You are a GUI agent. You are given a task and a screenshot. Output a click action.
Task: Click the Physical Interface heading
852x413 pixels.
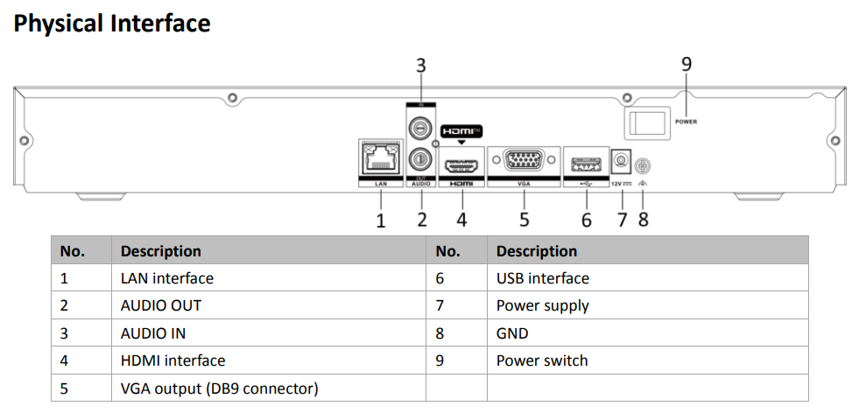click(x=112, y=23)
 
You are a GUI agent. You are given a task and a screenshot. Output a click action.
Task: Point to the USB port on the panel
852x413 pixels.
click(x=586, y=164)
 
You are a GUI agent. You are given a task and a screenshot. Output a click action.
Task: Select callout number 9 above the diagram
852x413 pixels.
click(x=686, y=64)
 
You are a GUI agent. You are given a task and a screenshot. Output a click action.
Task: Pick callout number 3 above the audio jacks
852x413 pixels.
click(x=421, y=65)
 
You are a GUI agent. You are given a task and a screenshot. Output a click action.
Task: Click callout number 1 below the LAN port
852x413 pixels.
click(x=381, y=220)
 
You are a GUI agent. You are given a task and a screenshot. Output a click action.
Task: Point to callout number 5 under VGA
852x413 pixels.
click(x=524, y=220)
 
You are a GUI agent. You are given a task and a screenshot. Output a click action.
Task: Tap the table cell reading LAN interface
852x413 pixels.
click(x=166, y=278)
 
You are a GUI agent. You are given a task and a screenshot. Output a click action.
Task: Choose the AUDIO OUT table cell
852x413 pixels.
click(x=160, y=305)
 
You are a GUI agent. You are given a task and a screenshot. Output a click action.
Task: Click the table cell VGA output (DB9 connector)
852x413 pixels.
click(x=219, y=388)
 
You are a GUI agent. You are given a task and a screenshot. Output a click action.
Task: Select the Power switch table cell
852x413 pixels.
click(x=542, y=360)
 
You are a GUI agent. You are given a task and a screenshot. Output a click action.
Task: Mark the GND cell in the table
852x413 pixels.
click(x=512, y=333)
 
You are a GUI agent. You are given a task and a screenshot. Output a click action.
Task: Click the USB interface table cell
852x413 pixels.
click(x=542, y=278)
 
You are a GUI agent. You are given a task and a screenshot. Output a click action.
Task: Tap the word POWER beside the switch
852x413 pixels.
click(x=687, y=122)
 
